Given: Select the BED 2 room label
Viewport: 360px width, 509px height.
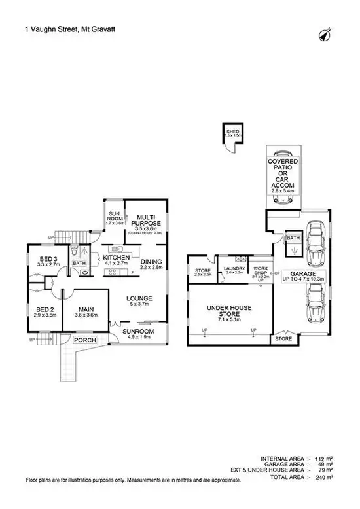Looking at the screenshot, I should (45, 309).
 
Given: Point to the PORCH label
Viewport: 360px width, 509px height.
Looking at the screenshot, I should (84, 340).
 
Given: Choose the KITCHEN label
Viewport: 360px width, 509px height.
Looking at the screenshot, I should (117, 258).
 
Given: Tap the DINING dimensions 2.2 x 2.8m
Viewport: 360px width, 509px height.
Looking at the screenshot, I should (150, 268).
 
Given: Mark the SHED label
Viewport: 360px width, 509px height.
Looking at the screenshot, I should (232, 132).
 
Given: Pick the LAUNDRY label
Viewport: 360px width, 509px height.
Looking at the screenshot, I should (234, 268).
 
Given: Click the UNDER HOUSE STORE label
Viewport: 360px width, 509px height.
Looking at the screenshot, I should (229, 311).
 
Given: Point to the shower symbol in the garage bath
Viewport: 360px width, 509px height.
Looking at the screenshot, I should (293, 251).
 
